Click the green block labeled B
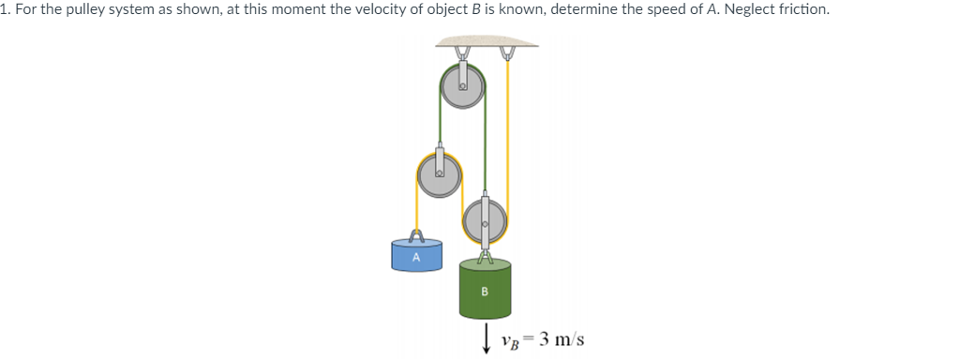(x=485, y=290)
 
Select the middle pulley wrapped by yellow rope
(x=439, y=173)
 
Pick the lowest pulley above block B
(x=485, y=223)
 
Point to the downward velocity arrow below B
(x=486, y=339)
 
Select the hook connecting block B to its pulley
(x=485, y=253)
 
